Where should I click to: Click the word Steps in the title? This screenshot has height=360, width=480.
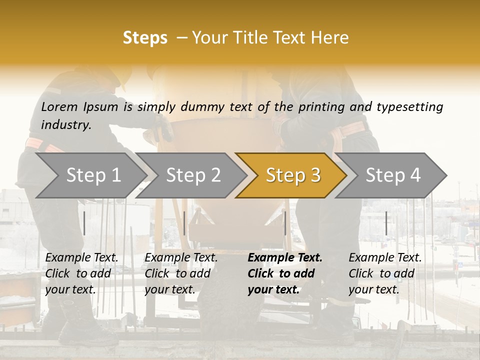(145, 38)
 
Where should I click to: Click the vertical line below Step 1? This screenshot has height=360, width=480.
(84, 223)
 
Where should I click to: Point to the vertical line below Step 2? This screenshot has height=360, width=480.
(184, 223)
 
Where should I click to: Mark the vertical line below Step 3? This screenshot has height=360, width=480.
(285, 223)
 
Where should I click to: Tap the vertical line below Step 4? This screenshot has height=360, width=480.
(386, 223)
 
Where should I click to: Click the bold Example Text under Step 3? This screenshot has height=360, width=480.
(285, 257)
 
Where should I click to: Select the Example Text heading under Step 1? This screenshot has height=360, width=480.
(81, 257)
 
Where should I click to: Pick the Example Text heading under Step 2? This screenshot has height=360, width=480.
(181, 257)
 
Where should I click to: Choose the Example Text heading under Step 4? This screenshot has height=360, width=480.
(385, 257)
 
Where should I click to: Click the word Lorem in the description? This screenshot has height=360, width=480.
(59, 106)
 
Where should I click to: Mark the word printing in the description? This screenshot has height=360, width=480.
(316, 106)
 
